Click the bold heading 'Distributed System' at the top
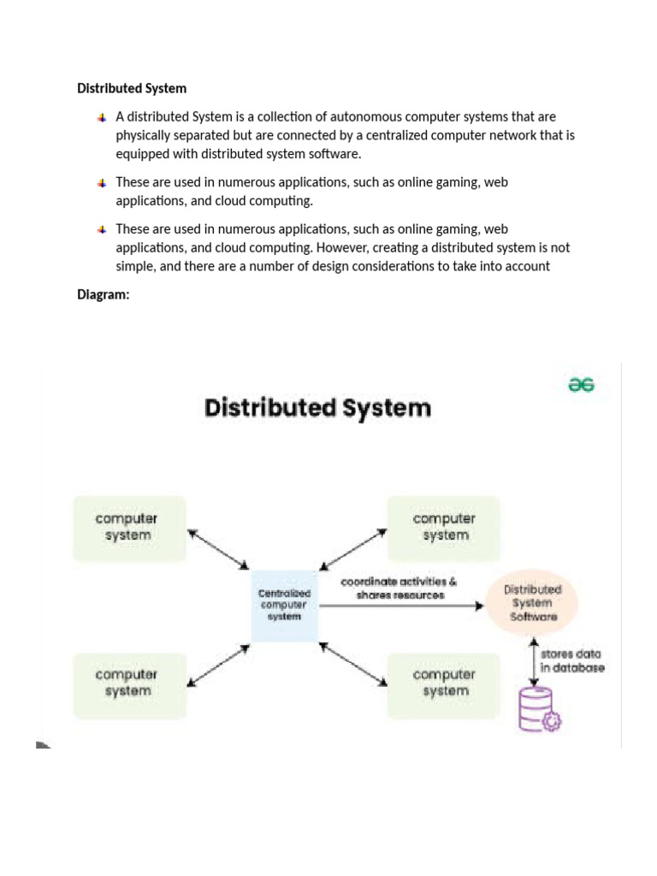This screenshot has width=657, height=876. click(x=132, y=88)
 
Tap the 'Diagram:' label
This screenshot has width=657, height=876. click(x=103, y=295)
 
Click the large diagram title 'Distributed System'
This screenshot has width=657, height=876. click(x=317, y=408)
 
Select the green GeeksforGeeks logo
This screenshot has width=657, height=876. click(x=582, y=385)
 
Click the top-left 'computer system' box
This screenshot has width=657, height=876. click(x=128, y=528)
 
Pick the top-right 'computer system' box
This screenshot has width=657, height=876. click(x=445, y=528)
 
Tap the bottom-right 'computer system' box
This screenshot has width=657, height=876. click(x=445, y=683)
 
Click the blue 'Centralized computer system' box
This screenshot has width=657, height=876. click(x=285, y=604)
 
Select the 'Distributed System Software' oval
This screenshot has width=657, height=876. click(x=533, y=602)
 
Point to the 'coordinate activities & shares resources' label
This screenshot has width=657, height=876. click(x=400, y=589)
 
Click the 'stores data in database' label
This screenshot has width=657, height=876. click(x=571, y=660)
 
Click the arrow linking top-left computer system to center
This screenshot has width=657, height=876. click(x=217, y=548)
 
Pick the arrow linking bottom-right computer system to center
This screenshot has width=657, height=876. click(x=352, y=664)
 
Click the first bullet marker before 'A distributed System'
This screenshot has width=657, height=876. click(x=102, y=116)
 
